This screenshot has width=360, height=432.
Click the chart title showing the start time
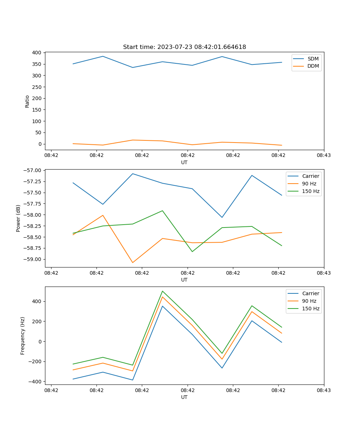click(x=184, y=47)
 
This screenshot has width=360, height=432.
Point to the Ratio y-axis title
click(x=27, y=101)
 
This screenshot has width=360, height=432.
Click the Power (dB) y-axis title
click(x=18, y=218)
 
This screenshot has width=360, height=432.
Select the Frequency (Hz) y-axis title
click(x=23, y=336)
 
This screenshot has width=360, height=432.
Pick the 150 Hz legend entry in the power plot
click(x=310, y=191)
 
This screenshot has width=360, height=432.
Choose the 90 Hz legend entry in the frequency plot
click(x=309, y=301)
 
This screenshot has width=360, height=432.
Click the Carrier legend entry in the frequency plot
click(x=310, y=293)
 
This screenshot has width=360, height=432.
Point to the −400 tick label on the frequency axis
click(x=35, y=382)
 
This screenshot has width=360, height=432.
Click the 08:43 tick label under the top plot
click(x=324, y=156)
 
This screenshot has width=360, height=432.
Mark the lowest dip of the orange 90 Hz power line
click(x=132, y=262)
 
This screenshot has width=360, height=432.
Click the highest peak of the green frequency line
click(x=162, y=291)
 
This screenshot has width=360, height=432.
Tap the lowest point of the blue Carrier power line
click(x=222, y=217)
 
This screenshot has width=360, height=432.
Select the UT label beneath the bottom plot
click(x=184, y=397)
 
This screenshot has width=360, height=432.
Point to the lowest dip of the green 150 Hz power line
click(x=192, y=252)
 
